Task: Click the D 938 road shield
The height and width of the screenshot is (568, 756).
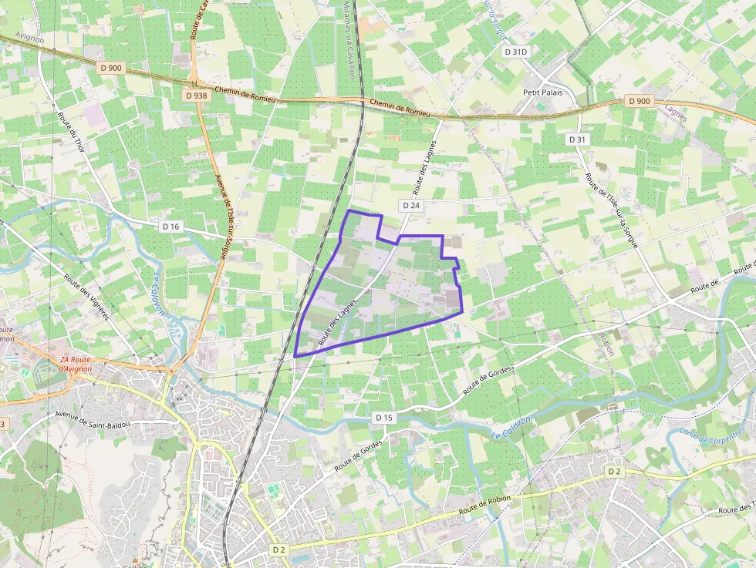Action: pos(197,96)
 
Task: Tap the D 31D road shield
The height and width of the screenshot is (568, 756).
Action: pos(515,52)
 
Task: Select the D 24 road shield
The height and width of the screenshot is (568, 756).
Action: pos(410,205)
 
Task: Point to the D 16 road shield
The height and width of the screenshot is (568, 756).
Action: pos(171,227)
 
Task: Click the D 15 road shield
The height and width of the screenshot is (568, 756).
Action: pos(384,417)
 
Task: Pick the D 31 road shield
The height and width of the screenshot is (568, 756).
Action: pos(577,139)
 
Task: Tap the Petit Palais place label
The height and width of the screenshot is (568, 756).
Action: pos(543,92)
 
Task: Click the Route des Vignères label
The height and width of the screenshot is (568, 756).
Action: pos(86,297)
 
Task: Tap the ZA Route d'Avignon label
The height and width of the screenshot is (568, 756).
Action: pos(76,364)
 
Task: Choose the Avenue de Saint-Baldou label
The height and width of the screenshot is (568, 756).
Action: pos(93,419)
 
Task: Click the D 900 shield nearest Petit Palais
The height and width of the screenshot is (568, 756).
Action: pos(640,101)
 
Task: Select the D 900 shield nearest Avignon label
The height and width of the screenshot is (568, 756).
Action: pos(111,68)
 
